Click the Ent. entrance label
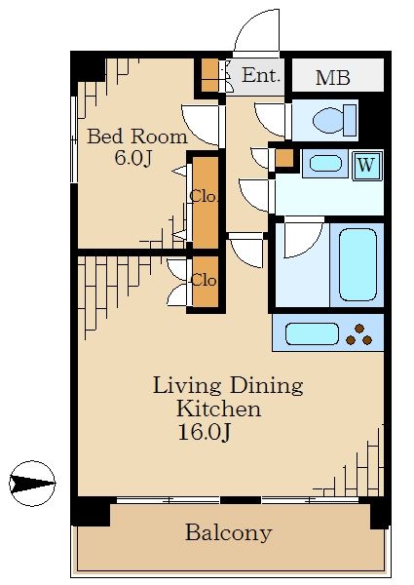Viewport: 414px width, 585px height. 260,75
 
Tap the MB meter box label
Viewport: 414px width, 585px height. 333,78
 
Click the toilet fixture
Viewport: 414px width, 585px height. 334,120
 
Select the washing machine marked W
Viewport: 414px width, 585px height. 367,165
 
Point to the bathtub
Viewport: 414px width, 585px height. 358,264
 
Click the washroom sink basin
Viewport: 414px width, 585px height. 325,164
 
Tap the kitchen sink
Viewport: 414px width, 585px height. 313,333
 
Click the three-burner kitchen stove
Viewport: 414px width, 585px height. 359,334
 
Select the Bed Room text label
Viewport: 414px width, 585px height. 137,136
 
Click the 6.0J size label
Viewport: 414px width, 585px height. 133,158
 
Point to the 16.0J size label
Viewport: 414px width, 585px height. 205,432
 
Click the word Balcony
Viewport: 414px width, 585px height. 228,532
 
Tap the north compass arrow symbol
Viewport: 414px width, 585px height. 32,484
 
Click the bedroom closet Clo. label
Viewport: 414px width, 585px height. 204,196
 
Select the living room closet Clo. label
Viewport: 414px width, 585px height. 204,280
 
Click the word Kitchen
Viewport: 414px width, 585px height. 218,409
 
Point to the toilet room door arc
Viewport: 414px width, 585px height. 271,120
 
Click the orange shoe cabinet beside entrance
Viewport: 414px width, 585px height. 209,75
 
